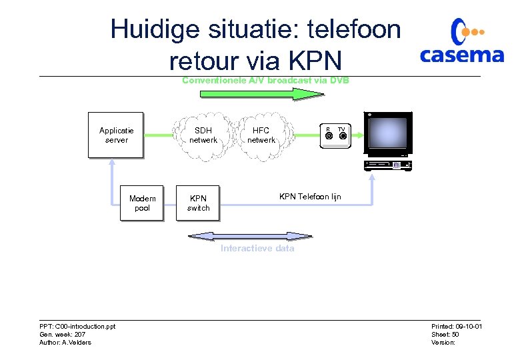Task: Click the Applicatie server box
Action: click(116, 135)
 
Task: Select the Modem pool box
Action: click(142, 203)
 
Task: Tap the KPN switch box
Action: click(198, 203)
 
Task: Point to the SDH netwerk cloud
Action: click(203, 135)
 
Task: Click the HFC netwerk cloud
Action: click(261, 135)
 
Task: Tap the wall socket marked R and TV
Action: click(335, 135)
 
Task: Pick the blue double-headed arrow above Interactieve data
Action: click(250, 235)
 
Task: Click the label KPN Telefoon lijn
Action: click(310, 197)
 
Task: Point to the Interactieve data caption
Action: click(257, 249)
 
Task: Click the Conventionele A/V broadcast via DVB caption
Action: click(265, 81)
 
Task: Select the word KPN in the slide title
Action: click(315, 61)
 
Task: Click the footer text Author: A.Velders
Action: click(65, 343)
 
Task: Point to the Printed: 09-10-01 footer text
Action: click(457, 326)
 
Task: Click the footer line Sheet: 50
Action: click(445, 334)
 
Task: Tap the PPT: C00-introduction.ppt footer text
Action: click(77, 326)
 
